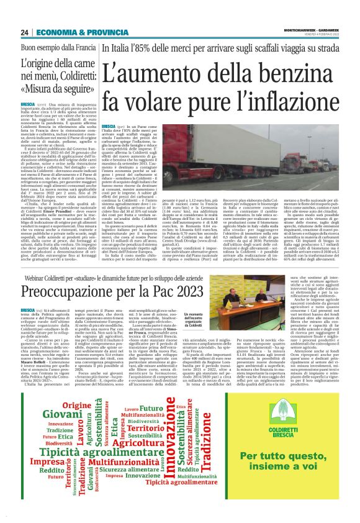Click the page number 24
tap(24, 32)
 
